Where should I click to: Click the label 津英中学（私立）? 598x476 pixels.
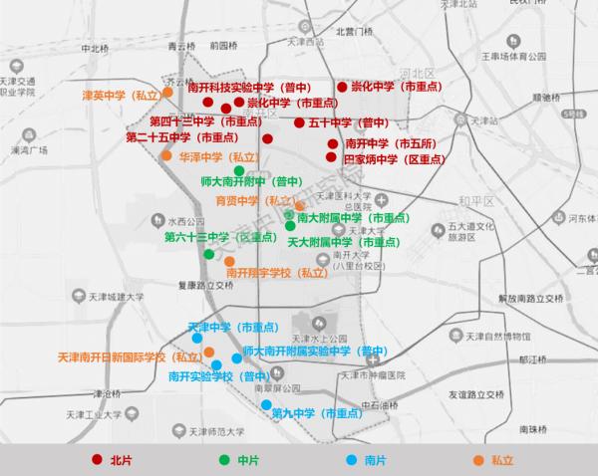coord(121,96)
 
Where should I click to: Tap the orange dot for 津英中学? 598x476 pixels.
coord(167,92)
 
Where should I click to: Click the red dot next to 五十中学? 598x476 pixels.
coord(299,122)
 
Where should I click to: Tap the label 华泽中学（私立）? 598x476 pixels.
coord(218,157)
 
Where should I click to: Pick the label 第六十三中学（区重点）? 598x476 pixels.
coord(220,237)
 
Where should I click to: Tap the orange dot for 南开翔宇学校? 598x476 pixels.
coord(229,262)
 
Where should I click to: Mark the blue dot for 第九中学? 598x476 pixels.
coord(264,405)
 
